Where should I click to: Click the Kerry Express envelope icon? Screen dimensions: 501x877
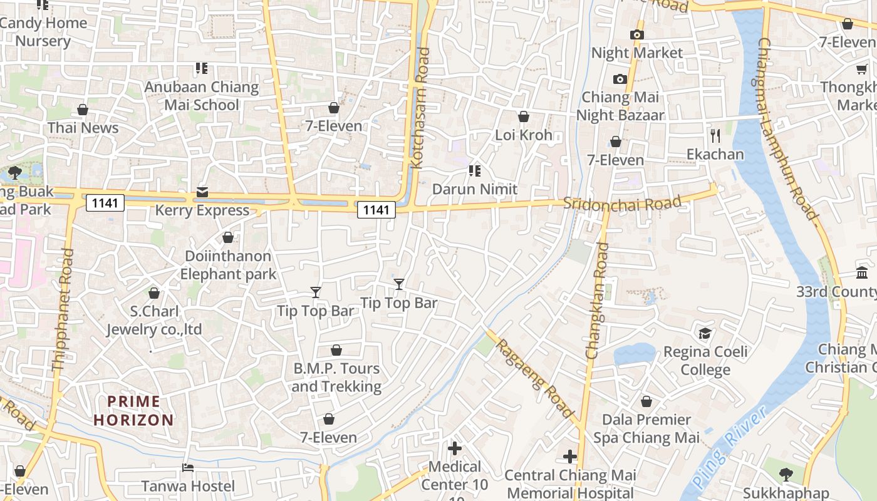[202, 192]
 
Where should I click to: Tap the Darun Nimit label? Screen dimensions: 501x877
[475, 189]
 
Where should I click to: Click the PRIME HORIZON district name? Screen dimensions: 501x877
[133, 411]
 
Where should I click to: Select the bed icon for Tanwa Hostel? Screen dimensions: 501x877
[187, 468]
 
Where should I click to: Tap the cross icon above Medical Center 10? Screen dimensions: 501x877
[455, 448]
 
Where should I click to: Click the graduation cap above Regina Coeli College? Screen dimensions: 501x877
[705, 333]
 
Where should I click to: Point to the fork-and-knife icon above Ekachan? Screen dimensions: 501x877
[715, 135]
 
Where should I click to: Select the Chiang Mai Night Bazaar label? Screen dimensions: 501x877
[620, 106]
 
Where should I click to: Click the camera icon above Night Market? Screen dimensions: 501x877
[637, 34]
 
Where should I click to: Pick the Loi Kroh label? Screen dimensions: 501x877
[524, 135]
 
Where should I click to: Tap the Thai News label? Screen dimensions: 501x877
[83, 128]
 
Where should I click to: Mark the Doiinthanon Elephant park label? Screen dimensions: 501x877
[228, 265]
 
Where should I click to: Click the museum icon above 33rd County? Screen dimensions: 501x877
[861, 273]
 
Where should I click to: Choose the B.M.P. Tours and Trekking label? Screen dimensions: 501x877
[336, 377]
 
